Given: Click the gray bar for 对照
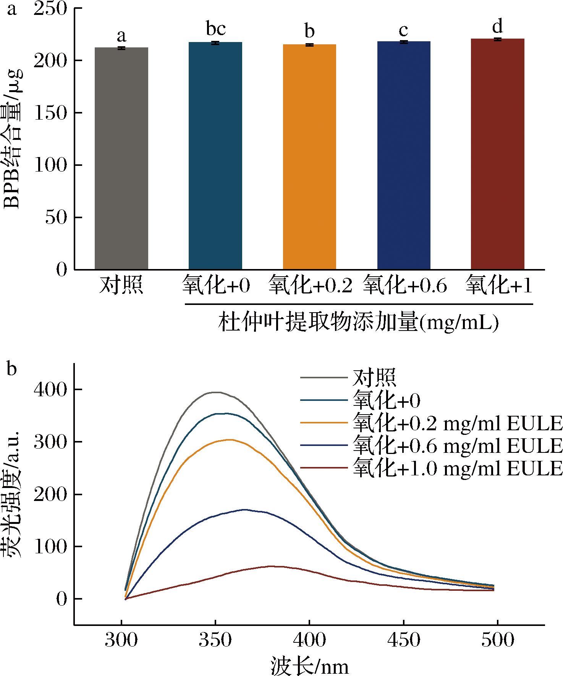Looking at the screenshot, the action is tap(121, 158).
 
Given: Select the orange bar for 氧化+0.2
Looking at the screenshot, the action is tap(309, 157).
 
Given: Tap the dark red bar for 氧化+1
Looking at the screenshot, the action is tap(497, 154).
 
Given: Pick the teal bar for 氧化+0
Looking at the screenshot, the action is tap(215, 156).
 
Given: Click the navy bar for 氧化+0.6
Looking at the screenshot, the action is tap(404, 155).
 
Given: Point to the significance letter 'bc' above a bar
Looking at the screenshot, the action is tap(216, 29).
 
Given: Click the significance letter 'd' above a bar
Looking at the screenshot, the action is tap(497, 26).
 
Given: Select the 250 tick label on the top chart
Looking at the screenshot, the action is tap(50, 8).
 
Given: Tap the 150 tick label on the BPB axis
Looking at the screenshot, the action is tap(50, 113).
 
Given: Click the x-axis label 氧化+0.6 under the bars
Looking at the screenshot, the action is tap(404, 285).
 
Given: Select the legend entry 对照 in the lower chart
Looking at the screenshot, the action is tap(374, 378).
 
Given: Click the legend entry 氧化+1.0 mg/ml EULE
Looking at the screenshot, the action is tap(458, 467).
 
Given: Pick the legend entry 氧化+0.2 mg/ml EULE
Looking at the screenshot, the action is tap(458, 422).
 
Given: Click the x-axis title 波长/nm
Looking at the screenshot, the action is tap(310, 665).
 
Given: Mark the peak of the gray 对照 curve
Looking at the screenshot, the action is tap(216, 392).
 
